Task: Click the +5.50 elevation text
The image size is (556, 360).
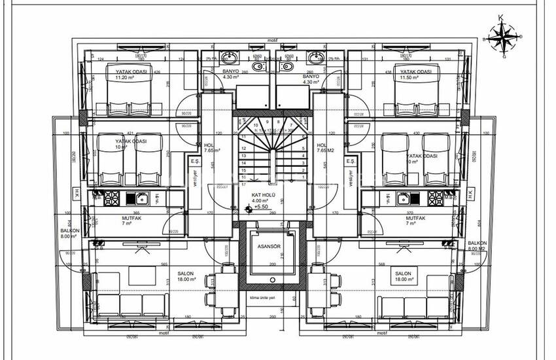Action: (x=262, y=207)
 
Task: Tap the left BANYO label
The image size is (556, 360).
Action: (x=231, y=71)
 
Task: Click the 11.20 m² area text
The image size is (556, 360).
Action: (x=123, y=77)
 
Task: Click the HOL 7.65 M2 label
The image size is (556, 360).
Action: (x=324, y=149)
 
